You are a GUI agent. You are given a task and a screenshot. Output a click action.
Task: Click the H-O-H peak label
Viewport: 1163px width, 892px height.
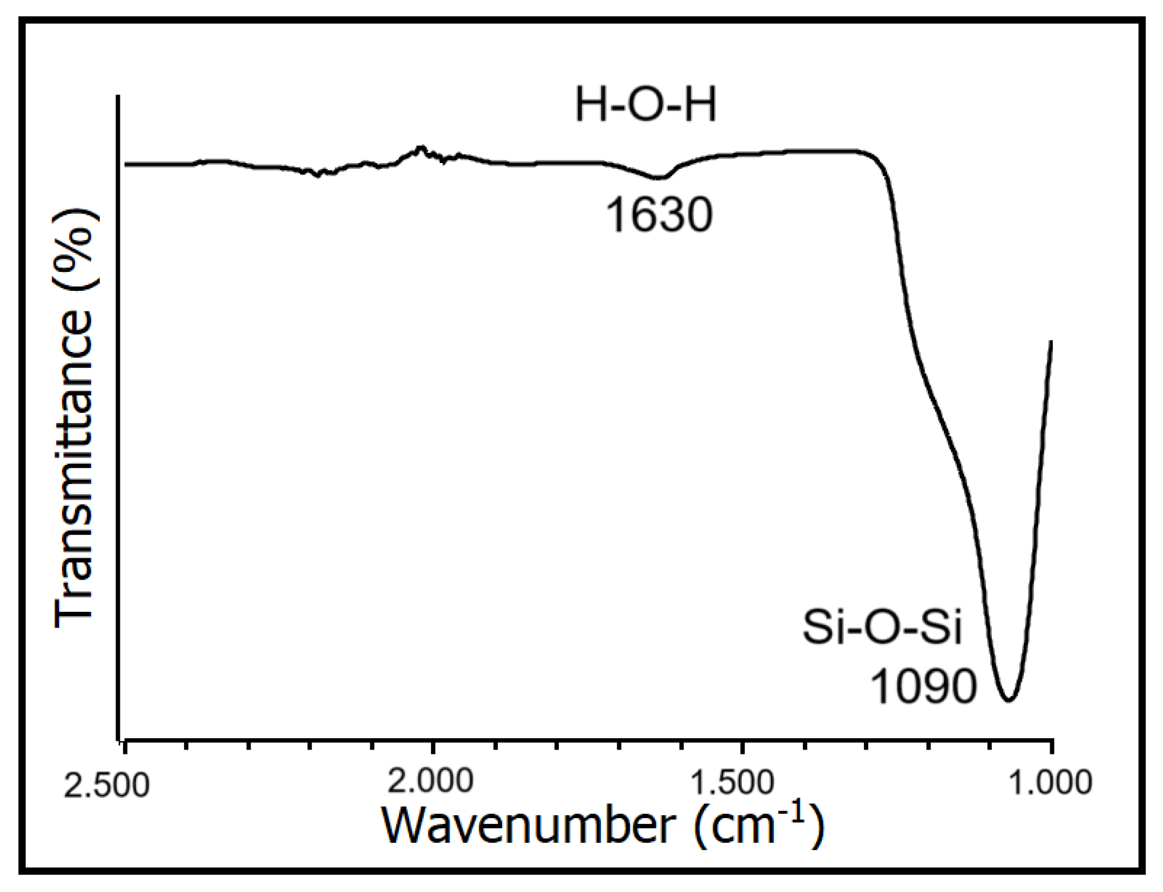(x=646, y=106)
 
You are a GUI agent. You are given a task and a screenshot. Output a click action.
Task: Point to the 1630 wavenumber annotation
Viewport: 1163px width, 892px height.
(x=659, y=215)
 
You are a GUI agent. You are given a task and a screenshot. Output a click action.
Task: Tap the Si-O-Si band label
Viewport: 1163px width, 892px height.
(x=882, y=628)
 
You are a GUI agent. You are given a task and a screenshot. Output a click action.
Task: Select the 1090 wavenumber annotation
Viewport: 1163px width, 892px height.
(x=924, y=687)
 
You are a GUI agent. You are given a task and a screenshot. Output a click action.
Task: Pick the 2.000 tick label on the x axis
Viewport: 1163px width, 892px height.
(x=430, y=781)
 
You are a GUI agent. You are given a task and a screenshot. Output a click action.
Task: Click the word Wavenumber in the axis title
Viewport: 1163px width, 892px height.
(x=529, y=826)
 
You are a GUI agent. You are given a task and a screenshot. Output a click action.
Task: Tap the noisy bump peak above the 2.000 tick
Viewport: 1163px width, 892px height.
(x=422, y=147)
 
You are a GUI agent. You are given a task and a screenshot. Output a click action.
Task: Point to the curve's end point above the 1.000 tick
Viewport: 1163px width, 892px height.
(x=1051, y=341)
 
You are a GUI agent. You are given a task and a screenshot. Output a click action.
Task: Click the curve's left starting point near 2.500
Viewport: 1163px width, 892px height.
(x=125, y=164)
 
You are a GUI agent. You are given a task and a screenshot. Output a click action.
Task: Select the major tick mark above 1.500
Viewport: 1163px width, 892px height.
(x=743, y=747)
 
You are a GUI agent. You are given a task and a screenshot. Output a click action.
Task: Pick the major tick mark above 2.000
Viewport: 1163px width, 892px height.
(x=432, y=747)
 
